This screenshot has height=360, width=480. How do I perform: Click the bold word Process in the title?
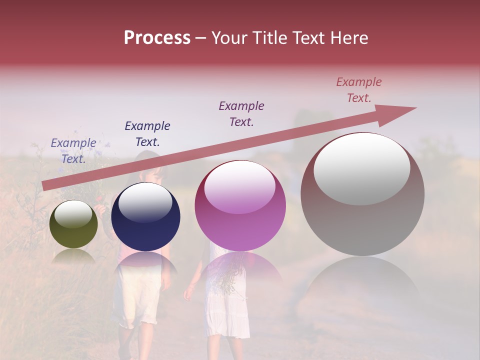click(x=157, y=38)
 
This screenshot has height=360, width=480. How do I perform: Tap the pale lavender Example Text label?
click(x=73, y=150)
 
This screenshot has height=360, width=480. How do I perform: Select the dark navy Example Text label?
click(x=147, y=133)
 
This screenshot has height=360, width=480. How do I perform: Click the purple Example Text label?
click(x=241, y=113)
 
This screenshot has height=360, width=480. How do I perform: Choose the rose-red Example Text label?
click(x=359, y=89)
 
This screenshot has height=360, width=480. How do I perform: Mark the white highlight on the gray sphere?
click(x=361, y=168)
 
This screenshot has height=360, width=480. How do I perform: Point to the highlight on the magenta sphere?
click(x=239, y=187)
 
